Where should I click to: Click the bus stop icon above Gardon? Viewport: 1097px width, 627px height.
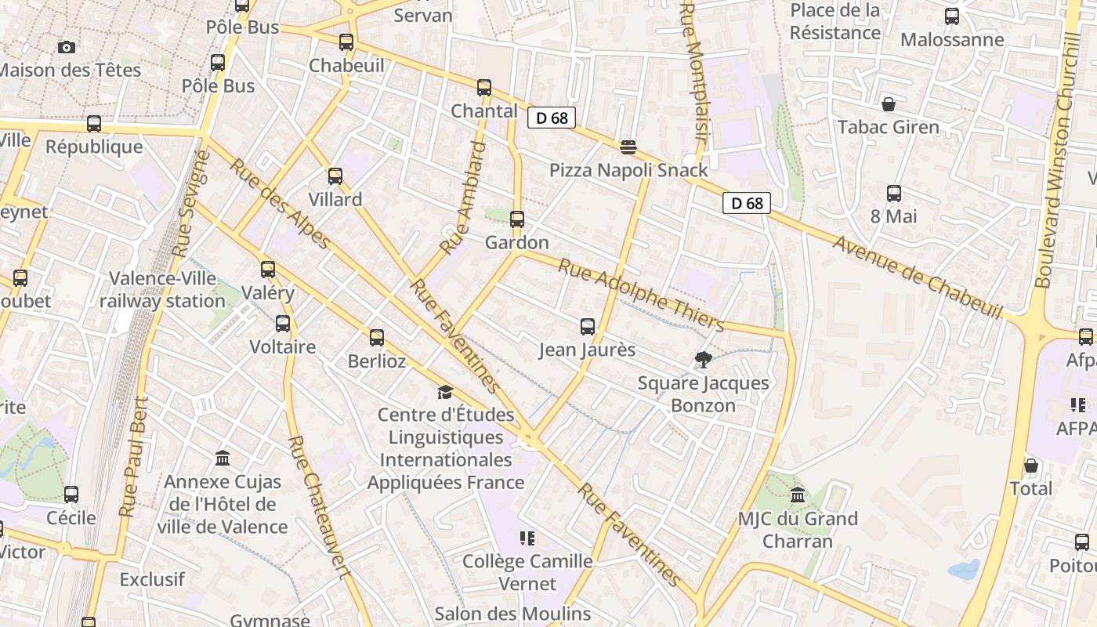click(x=517, y=219)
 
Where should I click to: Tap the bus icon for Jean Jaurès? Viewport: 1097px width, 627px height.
click(x=588, y=327)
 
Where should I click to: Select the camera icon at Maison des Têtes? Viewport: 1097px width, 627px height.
click(x=67, y=47)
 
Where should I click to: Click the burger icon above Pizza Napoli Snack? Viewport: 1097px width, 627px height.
click(x=628, y=147)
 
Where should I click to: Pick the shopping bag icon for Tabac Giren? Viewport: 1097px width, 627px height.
click(x=889, y=104)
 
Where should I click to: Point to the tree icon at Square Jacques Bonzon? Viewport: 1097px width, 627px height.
click(x=703, y=360)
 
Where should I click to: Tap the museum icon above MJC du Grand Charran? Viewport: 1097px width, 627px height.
click(x=798, y=495)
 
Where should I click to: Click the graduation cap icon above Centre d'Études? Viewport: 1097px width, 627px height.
click(x=445, y=392)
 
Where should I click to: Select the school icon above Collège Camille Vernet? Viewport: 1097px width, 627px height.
click(x=527, y=538)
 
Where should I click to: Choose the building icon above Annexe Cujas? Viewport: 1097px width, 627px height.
click(x=223, y=458)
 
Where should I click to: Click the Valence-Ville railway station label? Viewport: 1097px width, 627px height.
click(x=162, y=290)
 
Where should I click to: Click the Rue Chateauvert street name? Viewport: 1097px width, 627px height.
click(x=318, y=506)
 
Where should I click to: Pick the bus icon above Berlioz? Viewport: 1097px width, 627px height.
click(x=377, y=338)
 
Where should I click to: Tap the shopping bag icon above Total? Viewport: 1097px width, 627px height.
click(x=1031, y=466)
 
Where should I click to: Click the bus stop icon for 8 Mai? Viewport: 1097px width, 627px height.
click(x=894, y=194)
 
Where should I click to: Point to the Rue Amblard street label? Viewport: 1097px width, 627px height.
click(x=463, y=198)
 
